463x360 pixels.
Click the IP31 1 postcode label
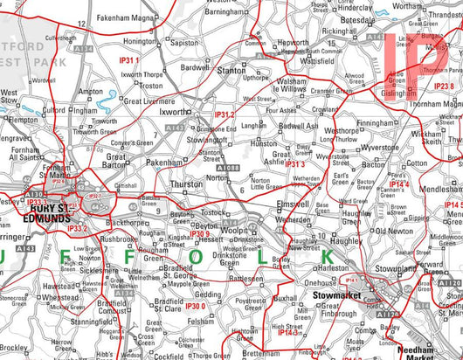pyautogui.click(x=129, y=60)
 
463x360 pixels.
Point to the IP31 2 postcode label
pyautogui.click(x=225, y=114)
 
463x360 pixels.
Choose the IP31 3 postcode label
pyautogui.click(x=294, y=163)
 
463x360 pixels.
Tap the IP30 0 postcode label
pyautogui.click(x=196, y=306)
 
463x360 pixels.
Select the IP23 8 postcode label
pyautogui.click(x=444, y=87)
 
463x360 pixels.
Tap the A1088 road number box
pyautogui.click(x=229, y=168)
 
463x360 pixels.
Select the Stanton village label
pyautogui.click(x=231, y=69)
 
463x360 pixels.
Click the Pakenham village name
pyautogui.click(x=164, y=162)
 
